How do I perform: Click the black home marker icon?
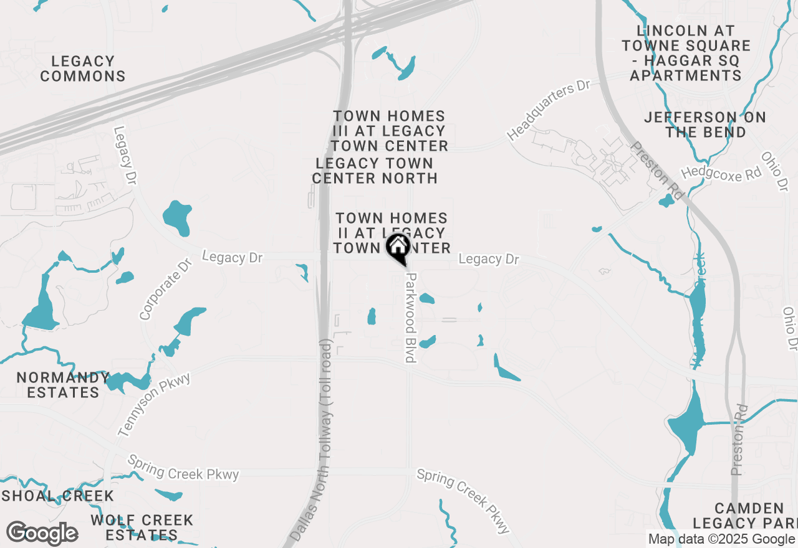point(398,247)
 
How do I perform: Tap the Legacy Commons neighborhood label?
point(83,69)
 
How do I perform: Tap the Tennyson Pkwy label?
point(153,405)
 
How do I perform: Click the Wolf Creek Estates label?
point(142,527)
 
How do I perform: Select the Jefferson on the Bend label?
point(705,125)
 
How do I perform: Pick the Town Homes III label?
point(390,131)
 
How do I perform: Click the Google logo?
point(42,534)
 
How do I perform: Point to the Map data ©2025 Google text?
point(721,539)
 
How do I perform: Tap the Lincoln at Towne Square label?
point(686,53)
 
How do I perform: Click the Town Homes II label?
point(391,233)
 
